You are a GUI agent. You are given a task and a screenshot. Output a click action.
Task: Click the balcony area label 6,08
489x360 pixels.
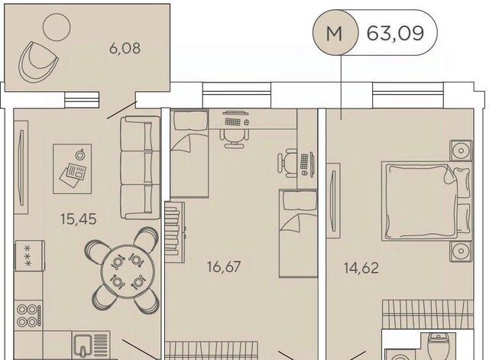[x=125, y=49]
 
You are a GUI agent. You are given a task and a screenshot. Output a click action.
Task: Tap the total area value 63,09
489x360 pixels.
[x=395, y=33]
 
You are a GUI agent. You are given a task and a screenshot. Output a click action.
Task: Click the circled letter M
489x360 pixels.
[x=335, y=33]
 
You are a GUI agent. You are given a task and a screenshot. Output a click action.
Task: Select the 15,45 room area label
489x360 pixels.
[x=79, y=219]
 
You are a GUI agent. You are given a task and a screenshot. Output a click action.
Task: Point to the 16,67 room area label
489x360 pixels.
[x=224, y=267]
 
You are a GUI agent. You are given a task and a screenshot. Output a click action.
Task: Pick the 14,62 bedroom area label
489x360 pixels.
[x=361, y=268]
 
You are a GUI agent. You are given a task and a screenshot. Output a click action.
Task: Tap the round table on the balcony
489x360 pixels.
[x=57, y=27]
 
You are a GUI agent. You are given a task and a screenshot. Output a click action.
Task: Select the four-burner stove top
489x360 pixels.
[x=29, y=316]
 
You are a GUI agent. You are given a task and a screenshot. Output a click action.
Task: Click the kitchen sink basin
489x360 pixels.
[x=83, y=346]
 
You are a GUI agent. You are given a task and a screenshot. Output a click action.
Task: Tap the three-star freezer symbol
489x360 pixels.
[x=28, y=256]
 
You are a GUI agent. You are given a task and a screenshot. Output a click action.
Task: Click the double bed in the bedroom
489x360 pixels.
[x=428, y=202]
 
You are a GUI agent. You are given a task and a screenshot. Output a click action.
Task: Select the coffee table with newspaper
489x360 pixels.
[x=73, y=169]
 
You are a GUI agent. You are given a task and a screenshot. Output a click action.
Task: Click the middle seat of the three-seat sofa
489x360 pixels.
[x=136, y=168]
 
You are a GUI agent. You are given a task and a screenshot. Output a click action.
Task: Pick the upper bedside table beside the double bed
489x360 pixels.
[x=461, y=151]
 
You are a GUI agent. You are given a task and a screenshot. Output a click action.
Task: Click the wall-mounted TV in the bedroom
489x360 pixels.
[x=334, y=200]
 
